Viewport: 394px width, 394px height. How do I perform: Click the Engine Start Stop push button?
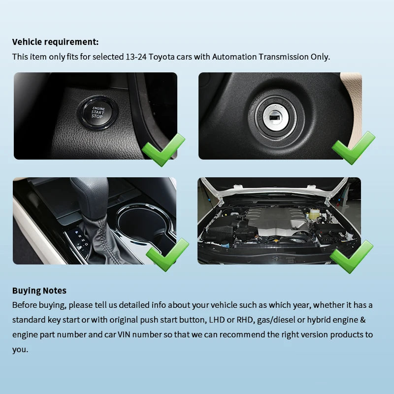pyautogui.click(x=98, y=112)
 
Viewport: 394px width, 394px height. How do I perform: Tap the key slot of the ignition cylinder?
pyautogui.click(x=275, y=118)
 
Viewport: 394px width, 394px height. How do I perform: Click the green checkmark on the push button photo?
pyautogui.click(x=164, y=150)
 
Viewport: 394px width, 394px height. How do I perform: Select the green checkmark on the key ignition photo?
pyautogui.click(x=353, y=148)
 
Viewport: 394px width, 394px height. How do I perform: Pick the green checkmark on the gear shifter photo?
pyautogui.click(x=167, y=255)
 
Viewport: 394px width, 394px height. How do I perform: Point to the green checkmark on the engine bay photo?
pyautogui.click(x=351, y=257)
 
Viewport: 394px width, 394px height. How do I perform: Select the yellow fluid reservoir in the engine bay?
pyautogui.click(x=313, y=214)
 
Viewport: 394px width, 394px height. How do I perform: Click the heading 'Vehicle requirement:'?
pyautogui.click(x=55, y=42)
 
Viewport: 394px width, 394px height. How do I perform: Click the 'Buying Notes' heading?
pyautogui.click(x=39, y=291)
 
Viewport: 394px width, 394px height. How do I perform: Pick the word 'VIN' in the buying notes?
pyautogui.click(x=124, y=334)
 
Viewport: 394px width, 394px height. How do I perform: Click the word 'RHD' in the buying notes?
pyautogui.click(x=244, y=320)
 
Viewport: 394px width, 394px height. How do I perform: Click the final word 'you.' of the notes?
pyautogui.click(x=20, y=350)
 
